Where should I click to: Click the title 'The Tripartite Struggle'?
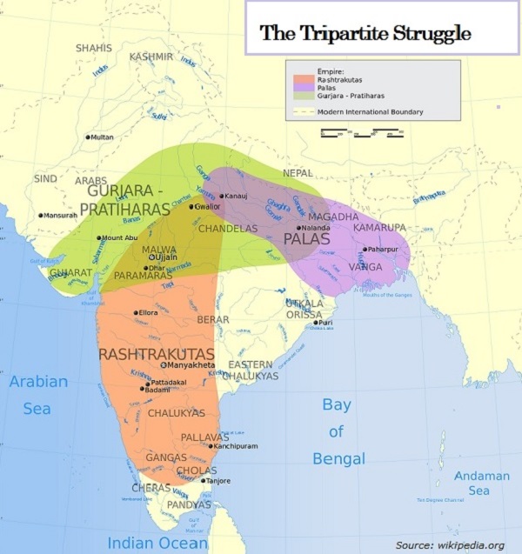(366, 34)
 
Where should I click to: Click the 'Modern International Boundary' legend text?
(370, 112)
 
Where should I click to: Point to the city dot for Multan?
(88, 137)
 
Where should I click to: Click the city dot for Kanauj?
(222, 197)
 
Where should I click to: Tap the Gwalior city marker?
(191, 207)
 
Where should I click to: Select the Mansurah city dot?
(40, 215)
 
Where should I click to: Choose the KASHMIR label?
(151, 57)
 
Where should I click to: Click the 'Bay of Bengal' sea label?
(337, 431)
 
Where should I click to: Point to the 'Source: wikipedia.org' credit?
(449, 544)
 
